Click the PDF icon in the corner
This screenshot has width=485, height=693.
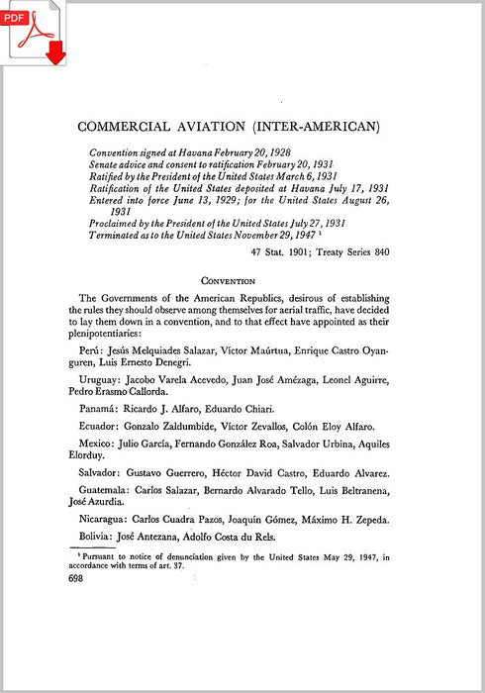(x=33, y=33)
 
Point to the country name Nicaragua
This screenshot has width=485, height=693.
(x=103, y=520)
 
